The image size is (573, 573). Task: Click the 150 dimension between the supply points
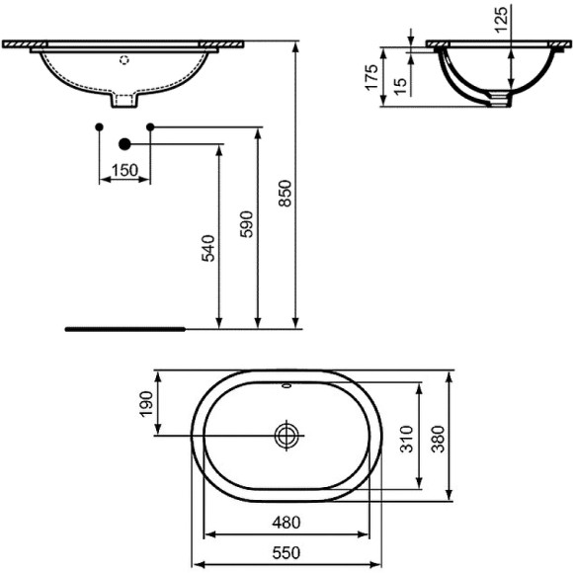tap(123, 170)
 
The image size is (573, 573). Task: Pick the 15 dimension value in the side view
tap(398, 87)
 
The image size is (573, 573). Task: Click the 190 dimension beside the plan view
tap(146, 402)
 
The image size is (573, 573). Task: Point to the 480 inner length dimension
tap(286, 522)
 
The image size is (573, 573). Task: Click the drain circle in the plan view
tap(286, 435)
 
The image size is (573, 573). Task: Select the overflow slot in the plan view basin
tap(286, 387)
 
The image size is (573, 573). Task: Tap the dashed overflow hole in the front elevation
tap(123, 60)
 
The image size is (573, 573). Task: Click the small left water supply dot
tap(99, 126)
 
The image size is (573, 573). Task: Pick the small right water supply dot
tap(150, 126)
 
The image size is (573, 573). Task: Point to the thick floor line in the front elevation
tap(124, 325)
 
